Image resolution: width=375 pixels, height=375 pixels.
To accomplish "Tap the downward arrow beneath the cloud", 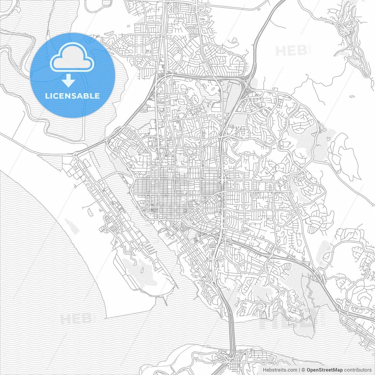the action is coord(69,81).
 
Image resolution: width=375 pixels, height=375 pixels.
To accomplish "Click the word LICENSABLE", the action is coord(72,96).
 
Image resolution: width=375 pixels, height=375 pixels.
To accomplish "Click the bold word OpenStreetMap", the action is coord(325,370).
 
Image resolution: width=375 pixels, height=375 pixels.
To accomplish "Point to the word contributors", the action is coord(358,370).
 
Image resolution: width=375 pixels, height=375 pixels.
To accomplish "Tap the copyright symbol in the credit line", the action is coord(304,370).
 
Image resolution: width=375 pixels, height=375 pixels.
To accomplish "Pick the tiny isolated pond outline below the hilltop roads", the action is coord(352,96).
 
